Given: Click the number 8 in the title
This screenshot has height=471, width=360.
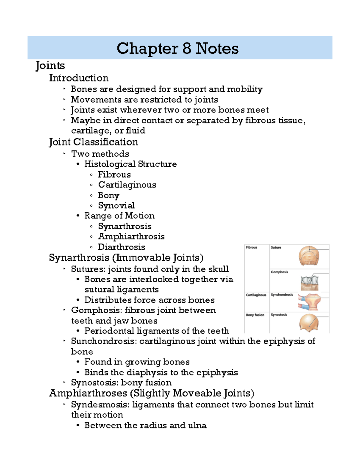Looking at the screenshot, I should [186, 48].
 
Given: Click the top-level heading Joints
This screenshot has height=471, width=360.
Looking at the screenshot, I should [50, 66].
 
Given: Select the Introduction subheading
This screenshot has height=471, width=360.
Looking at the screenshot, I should [79, 78].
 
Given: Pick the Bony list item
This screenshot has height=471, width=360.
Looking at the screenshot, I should [109, 195].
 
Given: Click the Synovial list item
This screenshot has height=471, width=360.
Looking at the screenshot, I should [116, 205].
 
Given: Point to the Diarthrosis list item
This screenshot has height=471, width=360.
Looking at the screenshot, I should [121, 247].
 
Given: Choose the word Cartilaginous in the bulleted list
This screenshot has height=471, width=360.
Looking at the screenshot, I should [127, 185].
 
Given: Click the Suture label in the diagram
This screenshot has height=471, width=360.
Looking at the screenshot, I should [276, 247].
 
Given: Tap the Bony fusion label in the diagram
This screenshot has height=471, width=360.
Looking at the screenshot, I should [255, 315].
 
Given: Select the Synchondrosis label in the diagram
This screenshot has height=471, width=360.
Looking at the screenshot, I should [282, 295].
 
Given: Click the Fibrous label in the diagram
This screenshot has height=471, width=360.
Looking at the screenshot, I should [251, 247].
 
